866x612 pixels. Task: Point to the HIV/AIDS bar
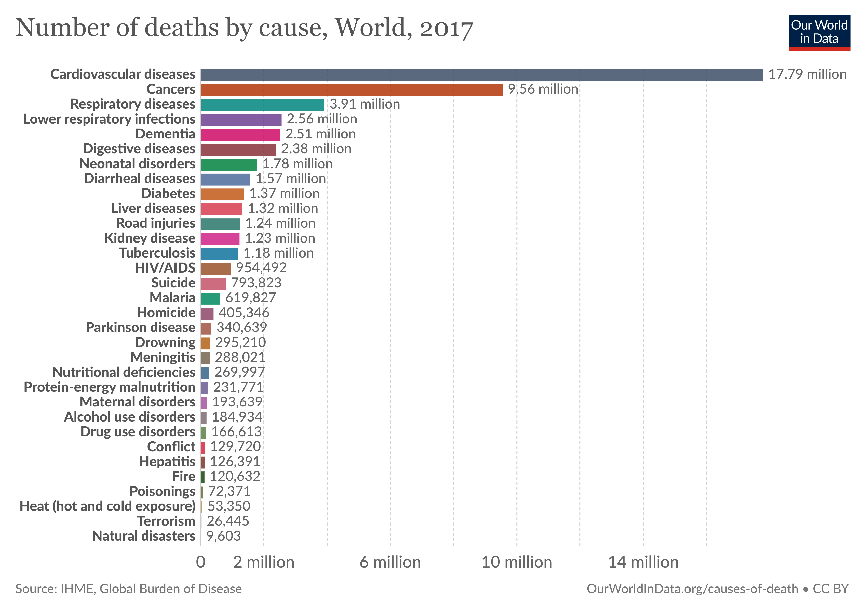pos(215,269)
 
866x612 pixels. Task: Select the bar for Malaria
pos(210,299)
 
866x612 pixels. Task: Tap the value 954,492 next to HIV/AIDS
pos(261,268)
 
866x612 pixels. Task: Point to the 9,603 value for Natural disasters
pos(223,536)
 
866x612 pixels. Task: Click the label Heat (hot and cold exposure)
pos(107,506)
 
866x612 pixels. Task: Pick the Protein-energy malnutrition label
pos(109,387)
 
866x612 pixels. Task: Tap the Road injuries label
pos(156,223)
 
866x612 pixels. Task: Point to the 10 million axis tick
pos(517,563)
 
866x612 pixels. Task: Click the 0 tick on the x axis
pos(201,563)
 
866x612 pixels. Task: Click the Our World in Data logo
pos(819,32)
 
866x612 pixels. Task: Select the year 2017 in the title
pos(446,28)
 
